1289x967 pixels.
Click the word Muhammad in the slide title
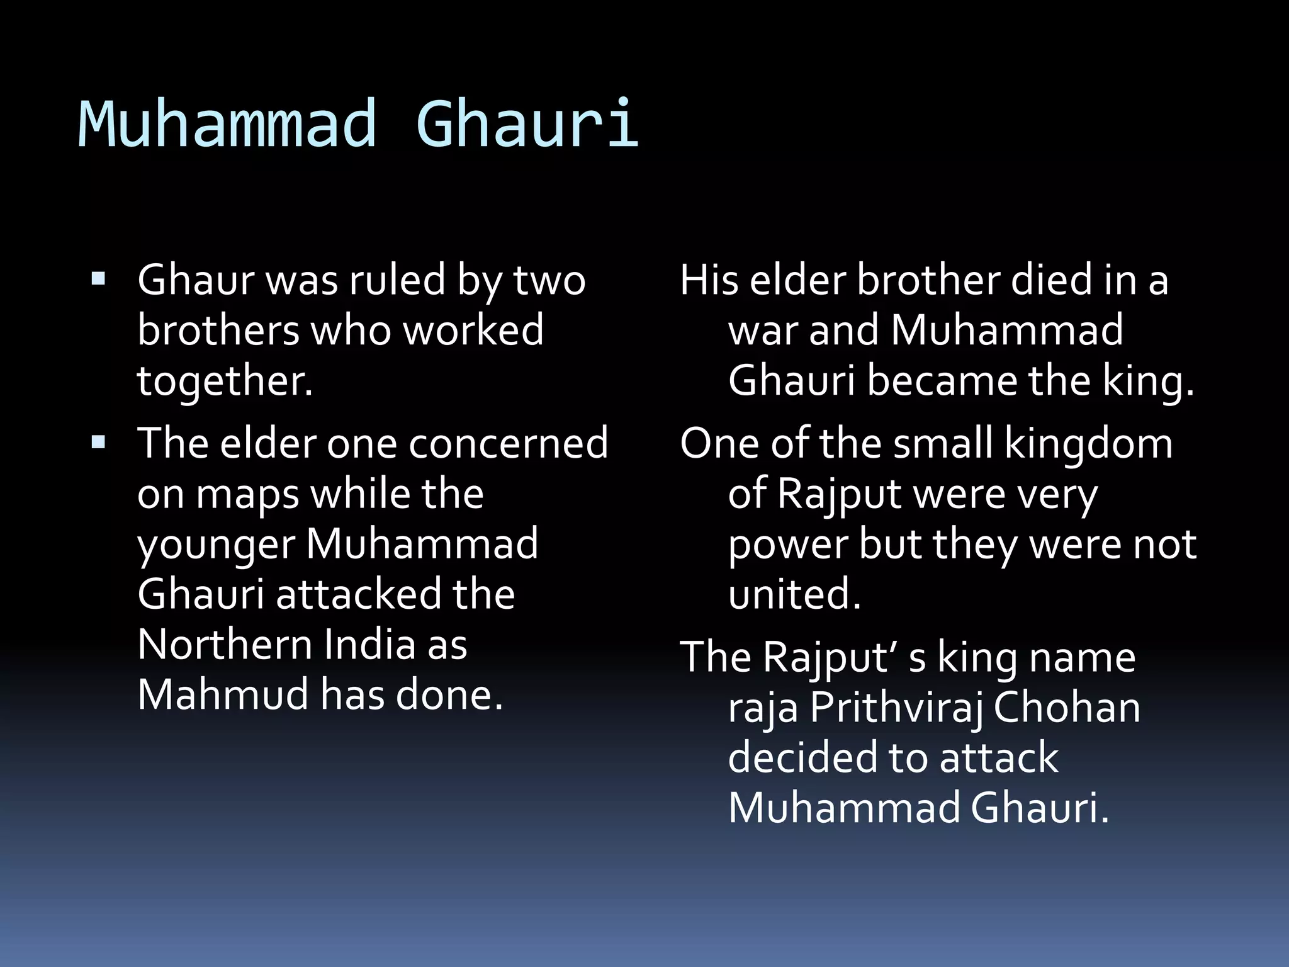tap(227, 124)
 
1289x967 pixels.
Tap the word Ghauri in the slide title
tap(527, 124)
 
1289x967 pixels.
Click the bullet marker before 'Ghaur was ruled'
tap(98, 278)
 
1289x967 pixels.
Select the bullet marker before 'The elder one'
tap(98, 442)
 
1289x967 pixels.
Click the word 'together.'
tap(225, 382)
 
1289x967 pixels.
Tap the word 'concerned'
tap(509, 443)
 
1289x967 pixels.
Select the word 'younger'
tap(216, 545)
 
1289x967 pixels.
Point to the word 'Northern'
tap(225, 645)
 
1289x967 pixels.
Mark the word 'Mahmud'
tap(223, 695)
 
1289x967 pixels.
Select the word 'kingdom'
tap(1089, 443)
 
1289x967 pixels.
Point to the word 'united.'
tap(794, 594)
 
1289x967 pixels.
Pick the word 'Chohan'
tap(1067, 708)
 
